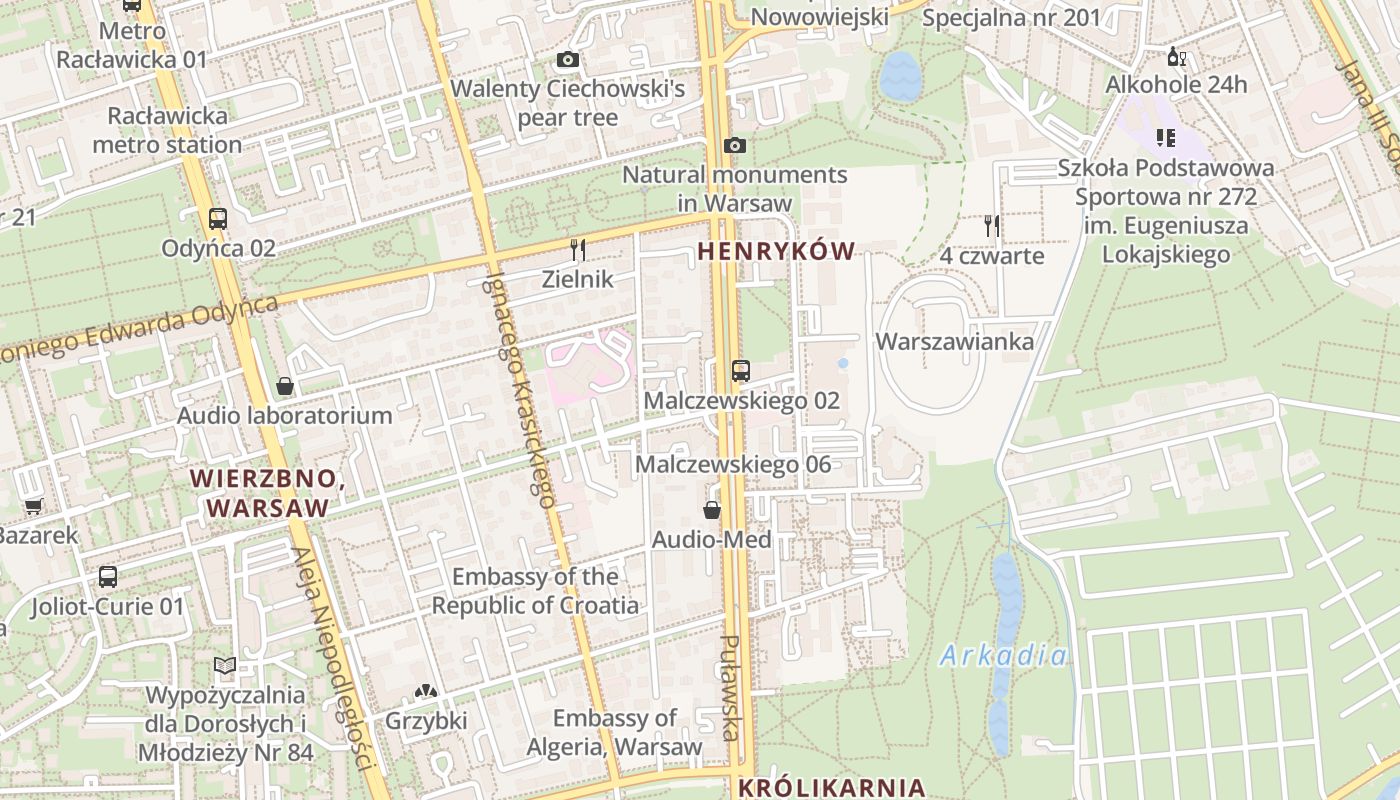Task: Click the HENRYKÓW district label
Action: (777, 252)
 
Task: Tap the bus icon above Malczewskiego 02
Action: (740, 371)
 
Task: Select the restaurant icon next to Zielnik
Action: (577, 250)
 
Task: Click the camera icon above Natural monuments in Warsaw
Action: (735, 146)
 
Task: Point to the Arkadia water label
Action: (1003, 657)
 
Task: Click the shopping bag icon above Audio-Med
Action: (712, 511)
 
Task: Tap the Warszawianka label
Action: (954, 342)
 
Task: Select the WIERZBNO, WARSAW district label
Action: (268, 493)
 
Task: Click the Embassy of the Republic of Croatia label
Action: (535, 591)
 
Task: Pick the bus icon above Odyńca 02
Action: (217, 219)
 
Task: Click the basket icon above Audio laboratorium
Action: (285, 386)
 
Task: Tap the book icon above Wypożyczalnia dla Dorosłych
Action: (225, 666)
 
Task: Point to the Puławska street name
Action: (731, 688)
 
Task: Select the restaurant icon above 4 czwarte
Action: (991, 226)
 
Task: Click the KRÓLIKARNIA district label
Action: (831, 787)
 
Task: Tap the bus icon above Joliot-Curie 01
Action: (108, 577)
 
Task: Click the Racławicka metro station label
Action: (167, 130)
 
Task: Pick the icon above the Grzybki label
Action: (426, 691)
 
